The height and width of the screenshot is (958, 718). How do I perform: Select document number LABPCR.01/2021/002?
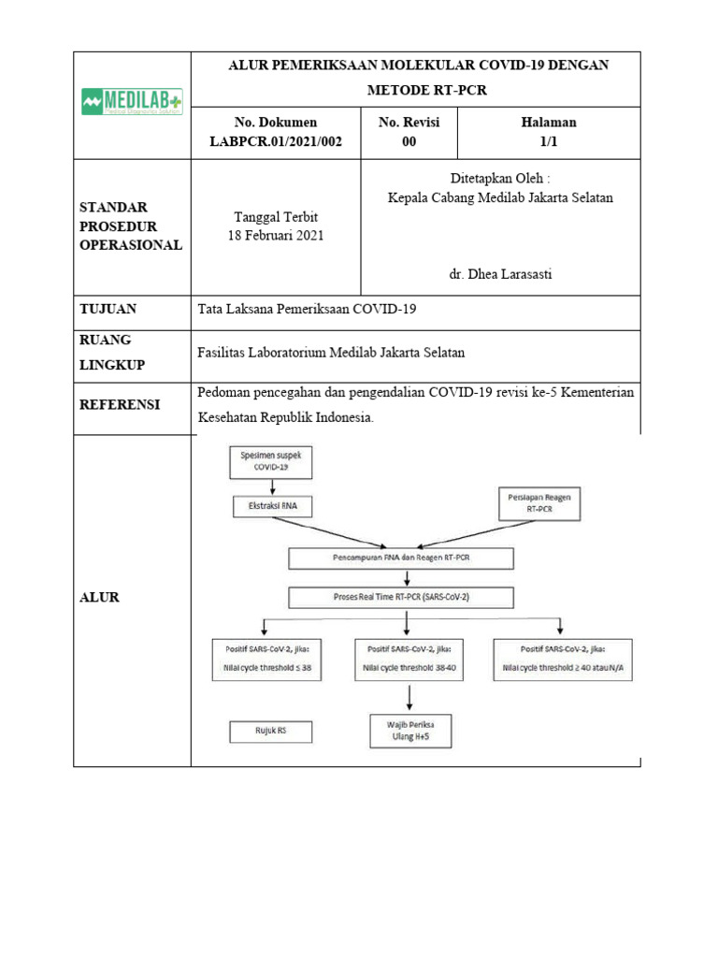click(x=276, y=141)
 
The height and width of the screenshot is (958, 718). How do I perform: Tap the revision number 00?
click(x=409, y=141)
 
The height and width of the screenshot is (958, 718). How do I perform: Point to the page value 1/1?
click(x=548, y=141)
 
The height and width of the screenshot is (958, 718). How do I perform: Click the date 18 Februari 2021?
click(x=276, y=235)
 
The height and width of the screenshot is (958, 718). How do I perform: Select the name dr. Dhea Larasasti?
click(x=500, y=274)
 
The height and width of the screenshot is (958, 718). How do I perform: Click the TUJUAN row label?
click(x=108, y=309)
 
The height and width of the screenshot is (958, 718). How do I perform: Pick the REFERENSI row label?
click(x=120, y=404)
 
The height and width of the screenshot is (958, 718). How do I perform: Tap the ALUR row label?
click(x=99, y=597)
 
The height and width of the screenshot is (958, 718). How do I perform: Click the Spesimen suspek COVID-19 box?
click(x=272, y=461)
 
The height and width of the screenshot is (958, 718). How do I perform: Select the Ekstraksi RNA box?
click(x=272, y=506)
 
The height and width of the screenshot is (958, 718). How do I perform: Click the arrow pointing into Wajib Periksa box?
click(x=409, y=698)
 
